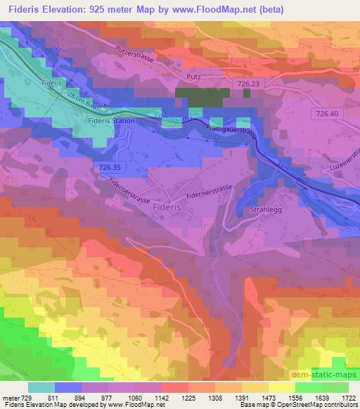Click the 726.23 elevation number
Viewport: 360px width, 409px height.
[248, 83]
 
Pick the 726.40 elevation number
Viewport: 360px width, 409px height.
[327, 113]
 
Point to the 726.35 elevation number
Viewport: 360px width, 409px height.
[111, 167]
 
